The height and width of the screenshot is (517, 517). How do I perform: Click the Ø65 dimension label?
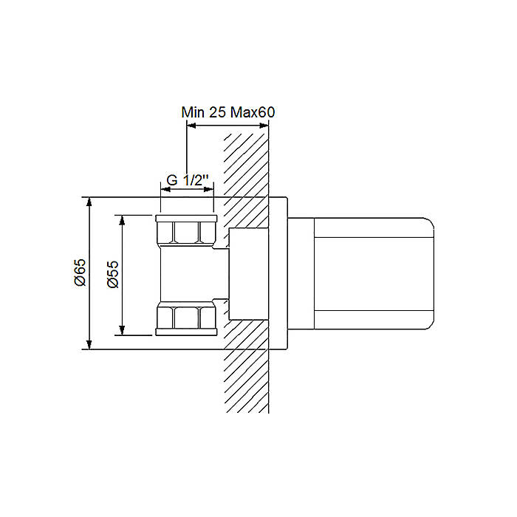tap(80, 273)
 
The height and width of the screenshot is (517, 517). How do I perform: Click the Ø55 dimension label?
tap(113, 274)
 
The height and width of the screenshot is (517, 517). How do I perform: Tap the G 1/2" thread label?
tap(188, 180)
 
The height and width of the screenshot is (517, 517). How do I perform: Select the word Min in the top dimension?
tap(193, 112)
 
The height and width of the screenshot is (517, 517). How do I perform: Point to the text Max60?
tap(253, 112)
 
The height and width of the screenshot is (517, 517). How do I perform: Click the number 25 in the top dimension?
tap(217, 112)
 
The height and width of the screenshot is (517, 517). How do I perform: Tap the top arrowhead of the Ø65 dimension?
tap(89, 202)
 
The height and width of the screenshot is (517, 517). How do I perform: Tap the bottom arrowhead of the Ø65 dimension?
tap(89, 345)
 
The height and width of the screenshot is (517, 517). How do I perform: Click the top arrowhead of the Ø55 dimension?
tap(122, 220)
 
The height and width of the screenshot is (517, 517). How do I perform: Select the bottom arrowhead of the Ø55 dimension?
tap(122, 330)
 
